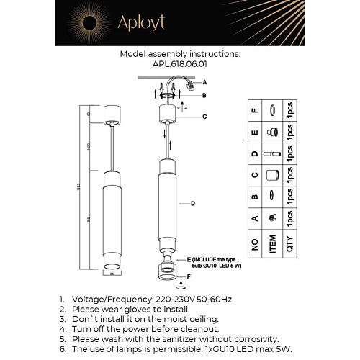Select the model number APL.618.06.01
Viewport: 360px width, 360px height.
click(x=179, y=63)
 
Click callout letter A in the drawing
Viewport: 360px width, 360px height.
click(x=204, y=82)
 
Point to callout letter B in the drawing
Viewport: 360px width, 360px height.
click(x=204, y=95)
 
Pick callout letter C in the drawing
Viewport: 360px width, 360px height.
click(x=205, y=116)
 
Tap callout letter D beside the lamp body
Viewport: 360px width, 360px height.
click(x=193, y=204)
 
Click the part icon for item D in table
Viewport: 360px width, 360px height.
click(x=273, y=155)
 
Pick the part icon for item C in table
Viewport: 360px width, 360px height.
click(x=273, y=176)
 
